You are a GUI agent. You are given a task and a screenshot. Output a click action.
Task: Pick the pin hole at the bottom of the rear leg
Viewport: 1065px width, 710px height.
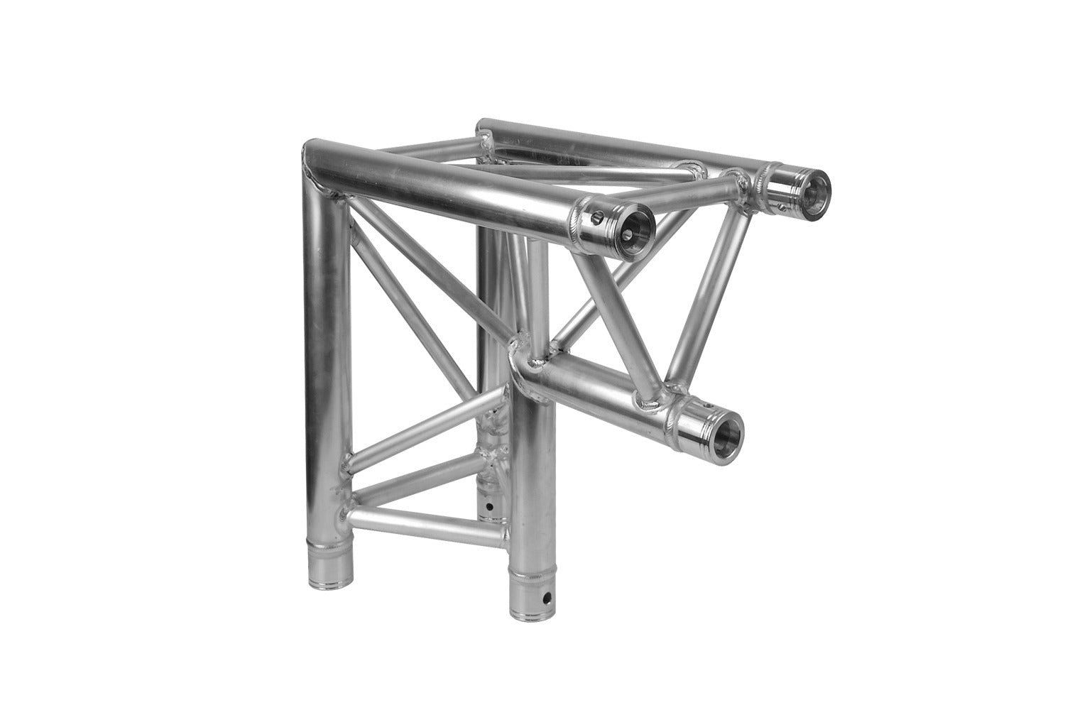click(x=489, y=508)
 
